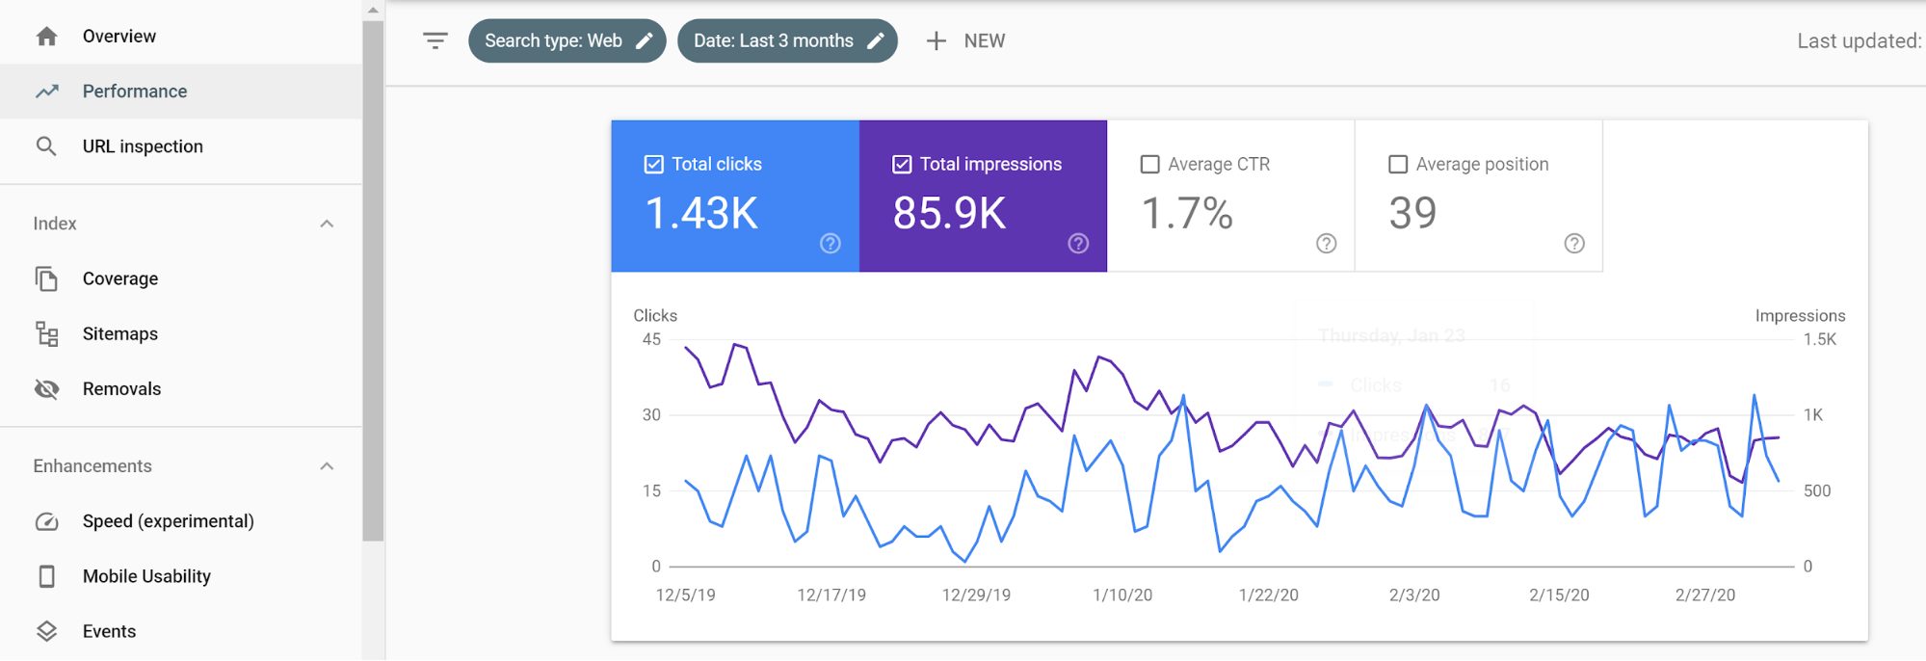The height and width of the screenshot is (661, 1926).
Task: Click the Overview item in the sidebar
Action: tap(119, 37)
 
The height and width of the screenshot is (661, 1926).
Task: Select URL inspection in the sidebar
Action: tap(142, 146)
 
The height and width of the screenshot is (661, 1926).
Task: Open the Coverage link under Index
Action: tap(119, 278)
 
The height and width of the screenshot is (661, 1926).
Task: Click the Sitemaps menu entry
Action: tap(119, 333)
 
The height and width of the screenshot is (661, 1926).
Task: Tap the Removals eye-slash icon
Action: tap(46, 389)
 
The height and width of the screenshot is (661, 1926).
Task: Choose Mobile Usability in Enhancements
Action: tap(145, 576)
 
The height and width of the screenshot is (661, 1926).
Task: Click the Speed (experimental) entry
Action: tap(168, 521)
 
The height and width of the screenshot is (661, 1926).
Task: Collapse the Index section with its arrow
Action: tap(327, 224)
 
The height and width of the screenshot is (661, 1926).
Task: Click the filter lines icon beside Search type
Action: tap(435, 40)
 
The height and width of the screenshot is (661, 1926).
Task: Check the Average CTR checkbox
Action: tap(1149, 165)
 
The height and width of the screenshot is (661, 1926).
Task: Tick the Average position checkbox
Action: tap(1398, 165)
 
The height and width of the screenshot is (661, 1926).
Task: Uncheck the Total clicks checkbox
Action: tap(653, 165)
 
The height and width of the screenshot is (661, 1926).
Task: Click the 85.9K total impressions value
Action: tap(949, 213)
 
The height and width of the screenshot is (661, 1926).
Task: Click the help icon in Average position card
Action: tap(1573, 244)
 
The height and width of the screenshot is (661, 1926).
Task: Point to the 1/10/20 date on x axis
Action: tap(1121, 595)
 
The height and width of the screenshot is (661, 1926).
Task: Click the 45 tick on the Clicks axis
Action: tap(651, 339)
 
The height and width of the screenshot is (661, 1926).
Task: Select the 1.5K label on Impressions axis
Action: tap(1819, 339)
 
